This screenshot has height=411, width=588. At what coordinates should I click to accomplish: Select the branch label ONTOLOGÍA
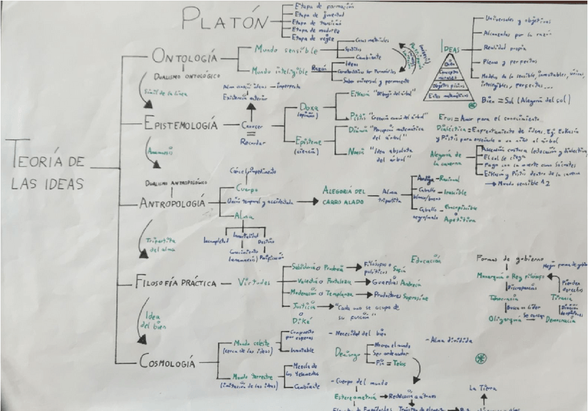[x=184, y=57]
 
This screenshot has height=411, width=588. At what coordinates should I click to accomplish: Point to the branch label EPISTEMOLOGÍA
[x=181, y=125]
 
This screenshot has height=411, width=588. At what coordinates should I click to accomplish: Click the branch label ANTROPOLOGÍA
[x=173, y=204]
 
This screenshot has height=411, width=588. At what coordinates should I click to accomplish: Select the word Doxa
[x=308, y=110]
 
